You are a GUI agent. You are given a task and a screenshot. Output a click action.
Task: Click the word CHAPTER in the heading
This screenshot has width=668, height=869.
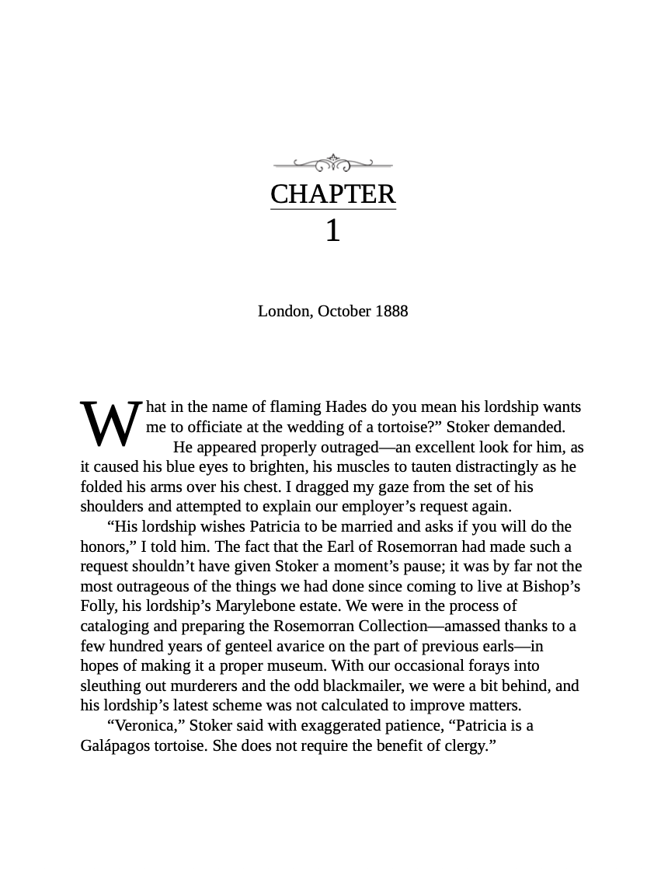point(332,194)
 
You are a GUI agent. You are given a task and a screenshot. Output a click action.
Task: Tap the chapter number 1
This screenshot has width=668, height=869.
point(332,231)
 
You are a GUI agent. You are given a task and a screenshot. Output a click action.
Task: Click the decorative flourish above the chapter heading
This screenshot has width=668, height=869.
point(332,163)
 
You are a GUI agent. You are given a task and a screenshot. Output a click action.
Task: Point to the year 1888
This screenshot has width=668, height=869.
point(391,311)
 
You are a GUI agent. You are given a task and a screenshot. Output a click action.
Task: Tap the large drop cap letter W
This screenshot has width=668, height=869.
point(110,424)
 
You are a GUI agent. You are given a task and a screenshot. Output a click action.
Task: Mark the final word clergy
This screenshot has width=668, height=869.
point(468,745)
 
